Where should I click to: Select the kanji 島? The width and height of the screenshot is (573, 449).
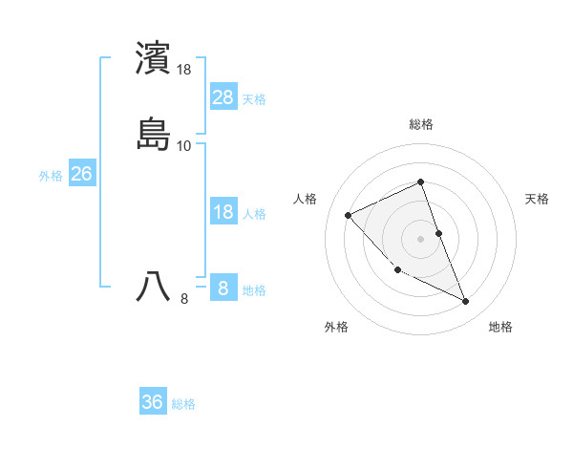(154, 135)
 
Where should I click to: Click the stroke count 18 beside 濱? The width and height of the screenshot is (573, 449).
(184, 70)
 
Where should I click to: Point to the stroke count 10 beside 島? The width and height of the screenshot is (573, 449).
(184, 146)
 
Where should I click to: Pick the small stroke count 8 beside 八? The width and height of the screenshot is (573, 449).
(184, 299)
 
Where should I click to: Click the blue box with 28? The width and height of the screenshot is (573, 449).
(223, 96)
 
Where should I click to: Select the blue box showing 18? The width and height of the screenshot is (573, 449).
(223, 212)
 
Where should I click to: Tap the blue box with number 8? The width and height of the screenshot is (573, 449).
(223, 288)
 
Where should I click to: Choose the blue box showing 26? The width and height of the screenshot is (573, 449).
(81, 174)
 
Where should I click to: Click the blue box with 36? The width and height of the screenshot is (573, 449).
(153, 402)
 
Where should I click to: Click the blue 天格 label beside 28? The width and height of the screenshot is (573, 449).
(254, 98)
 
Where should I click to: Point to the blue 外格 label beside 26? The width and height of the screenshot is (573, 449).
(51, 176)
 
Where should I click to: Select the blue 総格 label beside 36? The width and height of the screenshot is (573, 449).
(183, 404)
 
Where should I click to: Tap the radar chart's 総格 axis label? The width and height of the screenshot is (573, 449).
(421, 124)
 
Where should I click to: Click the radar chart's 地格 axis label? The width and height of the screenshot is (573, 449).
(500, 327)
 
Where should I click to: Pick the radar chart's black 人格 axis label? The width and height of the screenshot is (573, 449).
(306, 199)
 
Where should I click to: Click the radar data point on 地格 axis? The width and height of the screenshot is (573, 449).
(466, 302)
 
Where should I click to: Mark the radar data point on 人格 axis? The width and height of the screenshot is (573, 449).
(349, 215)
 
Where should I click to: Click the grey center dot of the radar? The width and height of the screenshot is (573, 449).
(421, 239)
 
